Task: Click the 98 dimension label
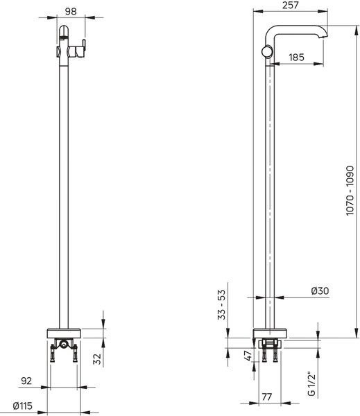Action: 71,11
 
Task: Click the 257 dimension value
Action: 291,5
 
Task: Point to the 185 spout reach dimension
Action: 296,57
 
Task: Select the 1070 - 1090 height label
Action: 350,191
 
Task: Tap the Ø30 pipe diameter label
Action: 320,291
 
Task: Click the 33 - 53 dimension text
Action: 221,304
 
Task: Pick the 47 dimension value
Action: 248,356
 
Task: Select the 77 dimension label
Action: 267,397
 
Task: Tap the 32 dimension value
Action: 98,359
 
